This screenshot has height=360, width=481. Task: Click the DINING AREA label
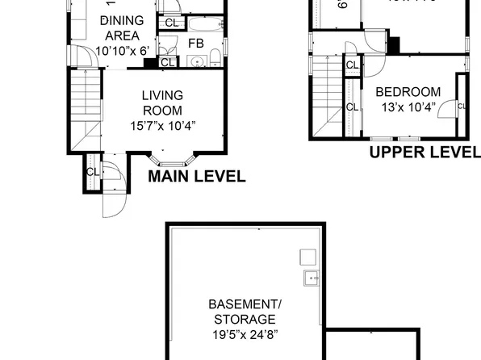coord(122,28)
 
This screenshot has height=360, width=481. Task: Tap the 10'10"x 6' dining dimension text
coord(122,50)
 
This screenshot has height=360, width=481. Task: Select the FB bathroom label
coord(196,44)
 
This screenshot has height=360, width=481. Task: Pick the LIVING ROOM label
coord(162,103)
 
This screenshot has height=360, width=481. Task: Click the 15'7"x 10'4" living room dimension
coord(162,125)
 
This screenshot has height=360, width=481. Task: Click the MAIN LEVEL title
coord(196,177)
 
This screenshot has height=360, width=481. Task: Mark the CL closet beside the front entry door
coord(92,172)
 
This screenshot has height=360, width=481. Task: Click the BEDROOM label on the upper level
coord(408,92)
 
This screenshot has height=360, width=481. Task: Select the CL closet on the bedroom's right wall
coord(462,105)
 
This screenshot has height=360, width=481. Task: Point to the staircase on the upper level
coord(327,97)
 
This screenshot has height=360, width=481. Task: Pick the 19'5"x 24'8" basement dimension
coord(245,333)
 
